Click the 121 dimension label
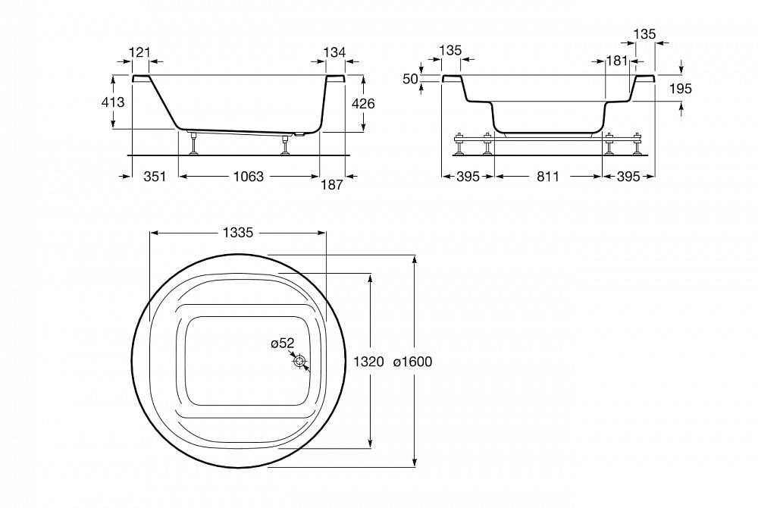click(x=139, y=52)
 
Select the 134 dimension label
click(x=334, y=52)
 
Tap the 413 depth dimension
click(x=113, y=102)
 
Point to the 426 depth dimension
click(x=363, y=103)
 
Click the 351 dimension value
click(x=155, y=177)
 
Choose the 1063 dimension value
click(x=249, y=177)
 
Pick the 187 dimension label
click(x=332, y=185)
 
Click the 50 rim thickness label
click(x=410, y=79)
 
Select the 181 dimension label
click(x=617, y=61)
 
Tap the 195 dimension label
click(x=681, y=89)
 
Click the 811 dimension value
click(x=548, y=177)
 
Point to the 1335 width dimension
click(x=238, y=233)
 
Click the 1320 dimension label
click(x=368, y=362)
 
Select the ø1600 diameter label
click(x=412, y=362)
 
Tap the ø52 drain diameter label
click(x=282, y=343)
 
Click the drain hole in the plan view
click(x=300, y=362)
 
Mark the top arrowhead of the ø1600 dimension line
click(x=415, y=259)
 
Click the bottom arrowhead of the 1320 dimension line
click(x=371, y=444)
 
